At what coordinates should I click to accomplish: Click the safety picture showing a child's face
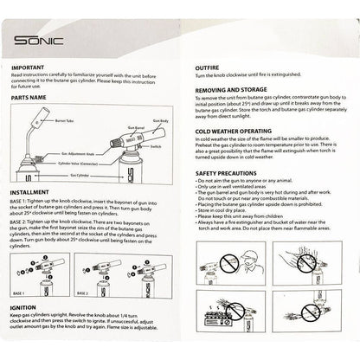coord(318,257)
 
